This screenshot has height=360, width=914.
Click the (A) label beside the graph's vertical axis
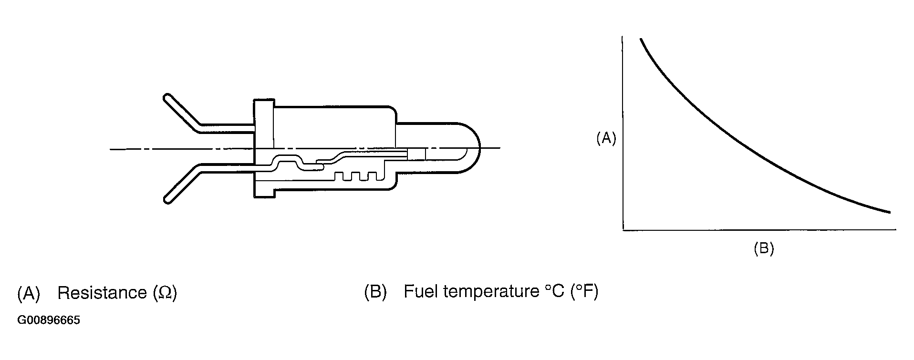tap(606, 138)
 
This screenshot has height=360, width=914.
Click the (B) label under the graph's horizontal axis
tap(763, 248)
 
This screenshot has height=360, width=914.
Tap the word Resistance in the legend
tap(101, 292)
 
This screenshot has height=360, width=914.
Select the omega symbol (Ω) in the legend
tap(165, 293)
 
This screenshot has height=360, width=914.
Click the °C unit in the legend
tap(555, 291)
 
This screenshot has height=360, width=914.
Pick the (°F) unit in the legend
tap(584, 292)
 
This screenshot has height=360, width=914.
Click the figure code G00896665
tap(49, 320)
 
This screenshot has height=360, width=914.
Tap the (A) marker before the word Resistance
tap(29, 293)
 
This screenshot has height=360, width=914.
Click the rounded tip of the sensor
tap(477, 148)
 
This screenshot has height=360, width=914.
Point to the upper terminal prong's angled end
tap(168, 99)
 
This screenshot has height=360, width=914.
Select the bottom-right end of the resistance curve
tap(889, 212)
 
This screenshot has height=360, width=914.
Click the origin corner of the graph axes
tap(623, 230)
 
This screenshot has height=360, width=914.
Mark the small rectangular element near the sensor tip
tap(416, 154)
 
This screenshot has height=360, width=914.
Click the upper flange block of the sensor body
tap(264, 123)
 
